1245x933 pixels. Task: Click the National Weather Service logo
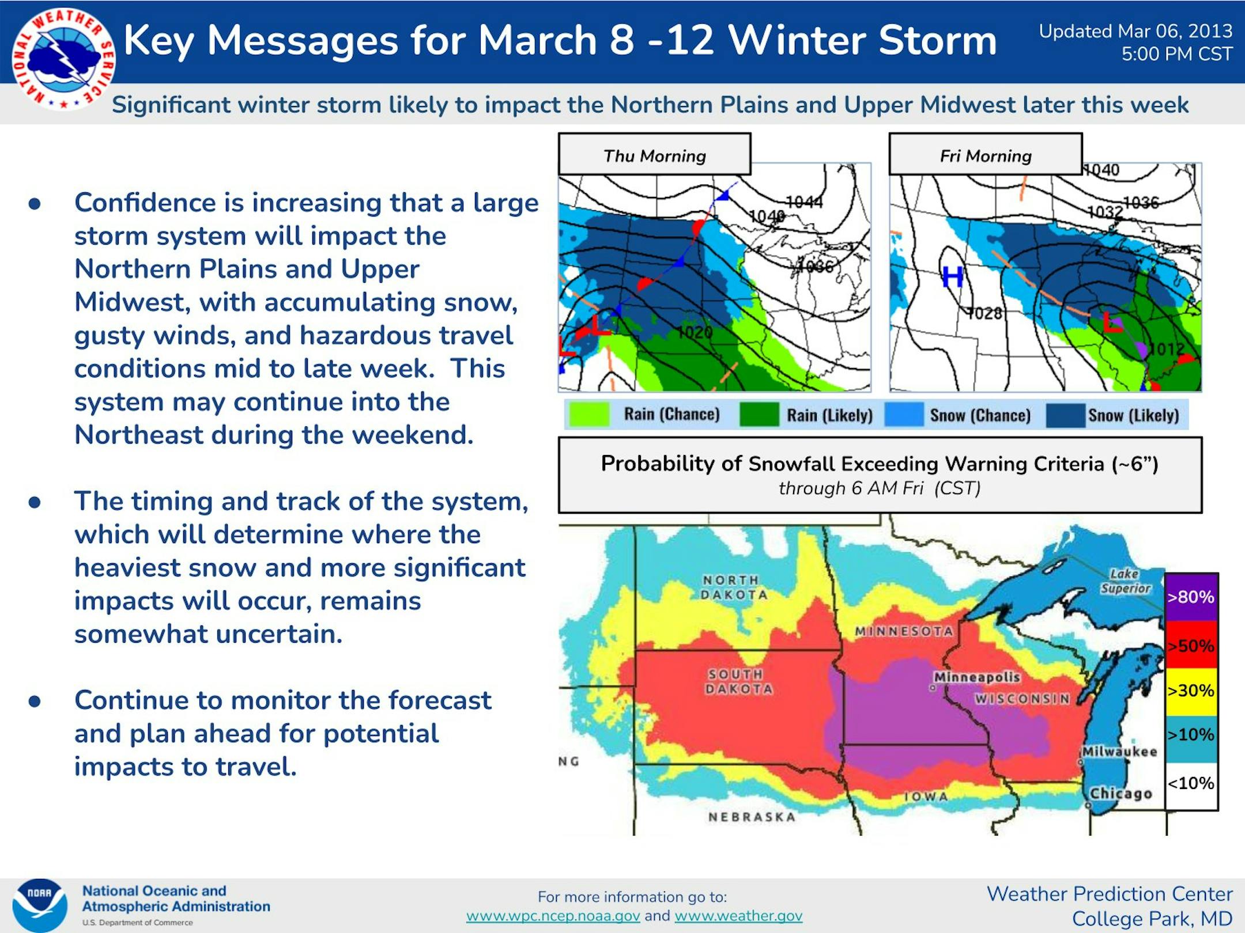65,59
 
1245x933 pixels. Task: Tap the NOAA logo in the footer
40,905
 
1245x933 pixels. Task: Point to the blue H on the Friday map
952,277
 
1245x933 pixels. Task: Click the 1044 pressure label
804,202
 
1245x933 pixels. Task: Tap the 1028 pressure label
984,313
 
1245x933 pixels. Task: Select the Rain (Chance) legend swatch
589,414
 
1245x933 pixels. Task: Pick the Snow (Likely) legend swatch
1065,415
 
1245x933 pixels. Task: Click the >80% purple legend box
1191,597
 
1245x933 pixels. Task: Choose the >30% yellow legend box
1191,691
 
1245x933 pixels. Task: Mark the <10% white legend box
1191,785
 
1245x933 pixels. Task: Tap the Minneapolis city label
977,677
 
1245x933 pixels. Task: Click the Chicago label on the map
1120,794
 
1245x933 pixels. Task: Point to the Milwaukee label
1119,752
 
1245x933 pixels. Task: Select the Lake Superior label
1125,581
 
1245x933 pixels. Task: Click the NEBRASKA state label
752,817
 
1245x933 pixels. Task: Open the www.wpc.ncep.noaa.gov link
553,915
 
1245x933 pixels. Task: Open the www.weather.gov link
738,915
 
